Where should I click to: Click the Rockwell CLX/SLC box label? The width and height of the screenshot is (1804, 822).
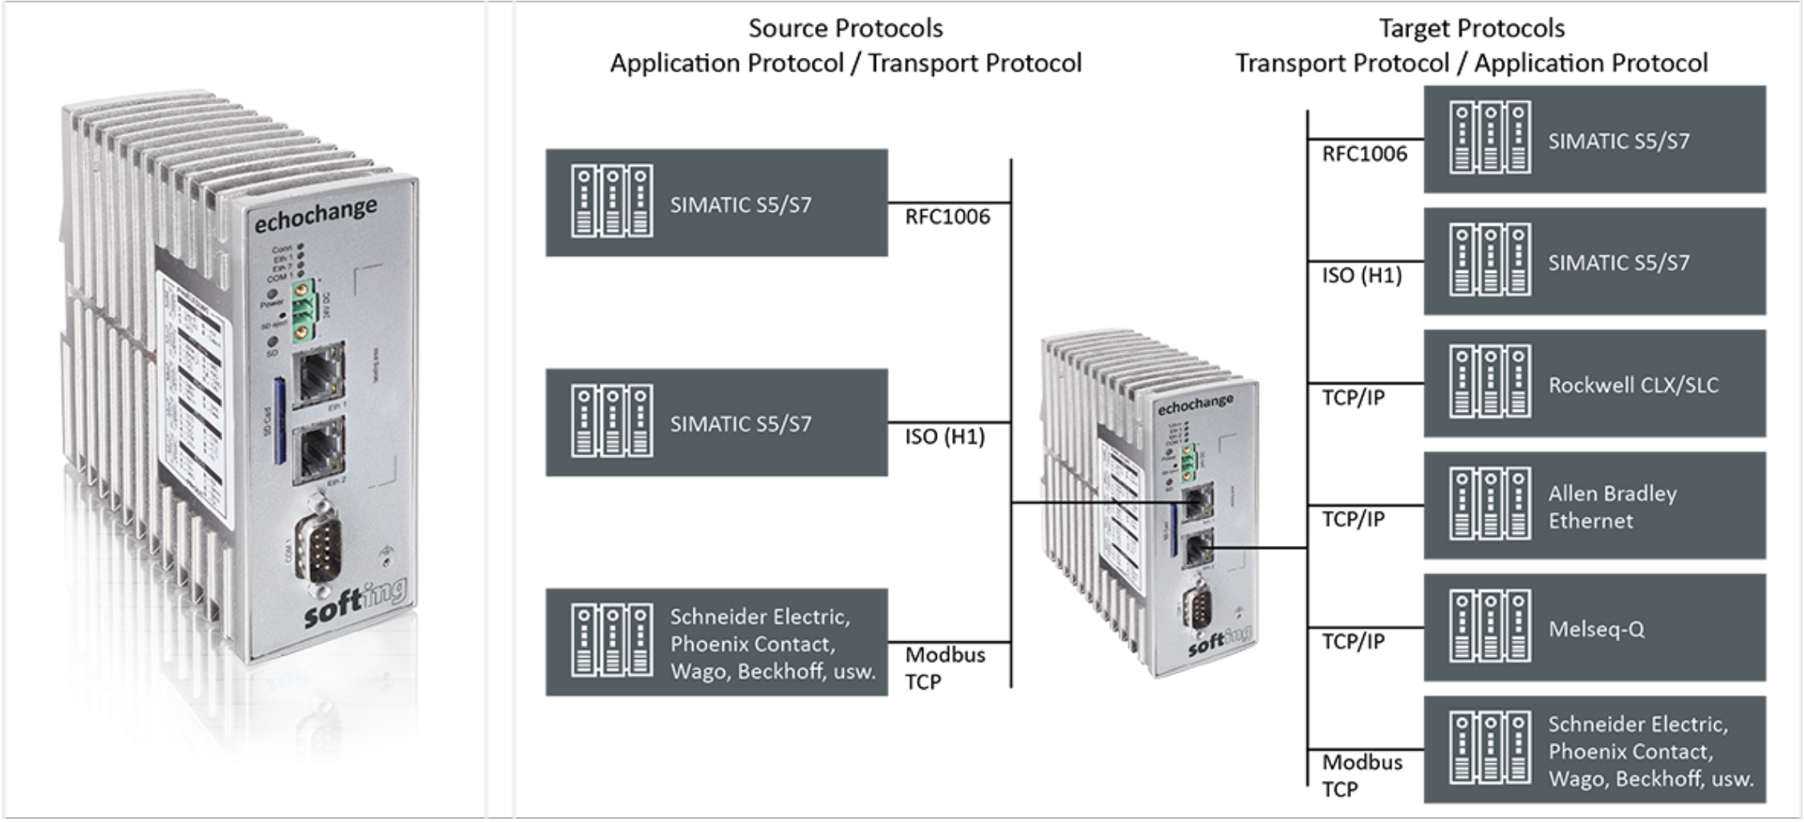[1632, 385]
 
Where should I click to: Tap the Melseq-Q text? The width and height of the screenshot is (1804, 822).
[1595, 629]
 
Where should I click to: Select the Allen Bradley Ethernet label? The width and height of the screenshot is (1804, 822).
[1611, 507]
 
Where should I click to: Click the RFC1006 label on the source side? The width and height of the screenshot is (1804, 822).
[947, 217]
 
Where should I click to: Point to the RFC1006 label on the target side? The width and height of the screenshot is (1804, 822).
[1364, 154]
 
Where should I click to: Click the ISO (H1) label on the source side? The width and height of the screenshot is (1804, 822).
[944, 437]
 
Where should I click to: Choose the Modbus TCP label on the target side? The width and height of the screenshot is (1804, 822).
[1362, 775]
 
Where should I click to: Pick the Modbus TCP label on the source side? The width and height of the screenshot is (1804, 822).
[944, 668]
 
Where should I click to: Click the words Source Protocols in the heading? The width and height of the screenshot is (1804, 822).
[845, 29]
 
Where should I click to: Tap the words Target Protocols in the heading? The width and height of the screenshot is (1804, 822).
[1471, 29]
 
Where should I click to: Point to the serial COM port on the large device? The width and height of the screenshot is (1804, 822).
[316, 545]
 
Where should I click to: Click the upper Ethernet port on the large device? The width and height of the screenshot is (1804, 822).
[320, 374]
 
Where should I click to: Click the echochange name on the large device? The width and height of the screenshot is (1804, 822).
[315, 215]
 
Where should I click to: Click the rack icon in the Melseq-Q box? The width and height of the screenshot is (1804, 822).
[1489, 627]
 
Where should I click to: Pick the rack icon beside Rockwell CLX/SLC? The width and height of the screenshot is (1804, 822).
[1489, 383]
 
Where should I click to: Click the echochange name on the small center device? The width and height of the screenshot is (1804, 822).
[1195, 405]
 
